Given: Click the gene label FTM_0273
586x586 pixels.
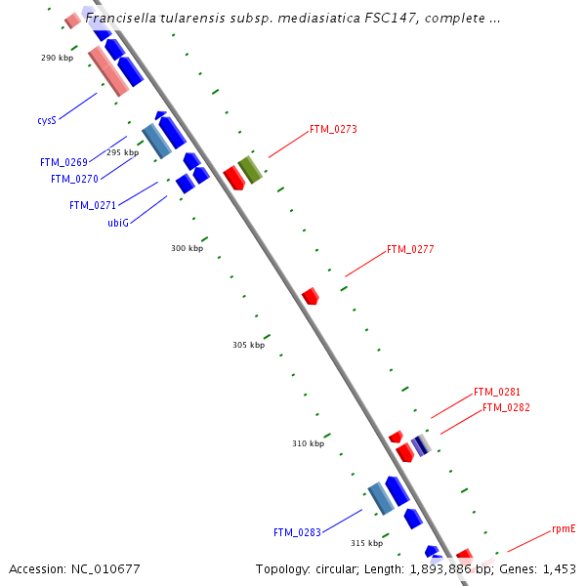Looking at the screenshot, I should [333, 129].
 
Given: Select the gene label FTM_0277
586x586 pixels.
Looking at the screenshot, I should [410, 249].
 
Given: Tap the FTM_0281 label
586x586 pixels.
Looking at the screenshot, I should [497, 392].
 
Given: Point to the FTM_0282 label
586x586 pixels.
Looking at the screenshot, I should [506, 407].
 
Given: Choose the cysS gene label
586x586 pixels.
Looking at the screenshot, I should [47, 121].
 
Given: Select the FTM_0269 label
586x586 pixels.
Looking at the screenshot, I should [63, 162].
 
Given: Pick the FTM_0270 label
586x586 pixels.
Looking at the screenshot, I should [74, 179].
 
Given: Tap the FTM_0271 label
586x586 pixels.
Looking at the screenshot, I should [93, 205].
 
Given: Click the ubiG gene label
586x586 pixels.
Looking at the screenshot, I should [118, 223].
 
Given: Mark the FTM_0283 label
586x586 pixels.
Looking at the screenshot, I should [297, 532].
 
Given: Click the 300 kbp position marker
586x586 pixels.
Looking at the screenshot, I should [187, 248].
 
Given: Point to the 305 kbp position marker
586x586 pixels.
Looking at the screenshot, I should [248, 345].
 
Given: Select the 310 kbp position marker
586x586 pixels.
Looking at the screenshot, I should [308, 443].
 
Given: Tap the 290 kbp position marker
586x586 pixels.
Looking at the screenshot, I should [57, 58].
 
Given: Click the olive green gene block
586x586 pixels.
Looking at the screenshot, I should [251, 169].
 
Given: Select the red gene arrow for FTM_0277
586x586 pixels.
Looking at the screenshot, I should [311, 295].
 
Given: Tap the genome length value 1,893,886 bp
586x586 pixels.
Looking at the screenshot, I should [445, 568].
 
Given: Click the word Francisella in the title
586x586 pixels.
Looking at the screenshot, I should [122, 18].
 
